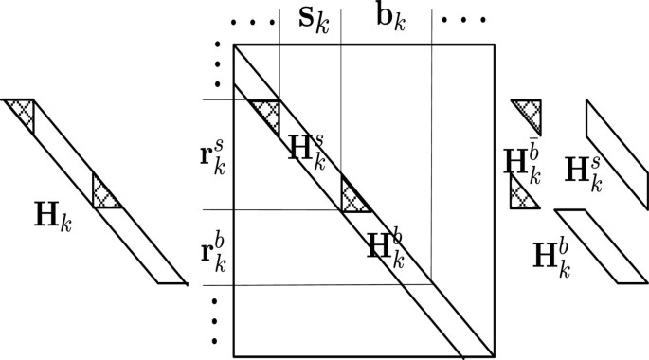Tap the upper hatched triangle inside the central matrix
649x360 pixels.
268,111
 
